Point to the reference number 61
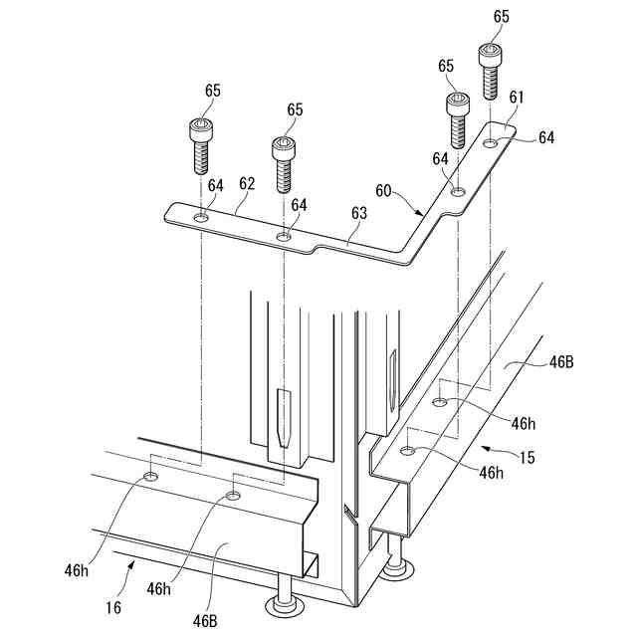tap(516, 98)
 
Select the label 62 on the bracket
tap(247, 183)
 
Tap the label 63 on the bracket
tap(358, 212)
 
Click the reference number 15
tap(527, 458)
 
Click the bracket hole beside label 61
tap(491, 144)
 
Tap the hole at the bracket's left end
tap(201, 218)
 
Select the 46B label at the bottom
tap(206, 620)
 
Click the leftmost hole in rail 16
tap(150, 478)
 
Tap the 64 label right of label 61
tap(545, 137)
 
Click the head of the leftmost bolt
tap(200, 127)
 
